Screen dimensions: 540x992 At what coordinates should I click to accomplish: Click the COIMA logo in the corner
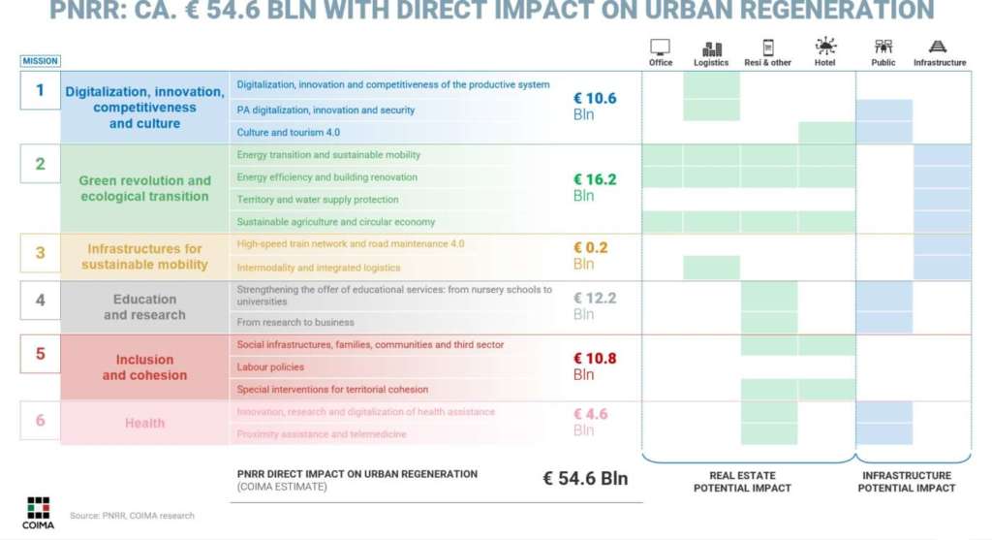click(39, 512)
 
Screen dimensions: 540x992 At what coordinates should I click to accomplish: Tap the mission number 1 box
click(40, 90)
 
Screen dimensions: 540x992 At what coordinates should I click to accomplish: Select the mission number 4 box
click(40, 300)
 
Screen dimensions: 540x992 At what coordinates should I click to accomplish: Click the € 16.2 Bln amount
click(594, 187)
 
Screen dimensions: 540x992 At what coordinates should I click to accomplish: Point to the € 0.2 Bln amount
click(590, 255)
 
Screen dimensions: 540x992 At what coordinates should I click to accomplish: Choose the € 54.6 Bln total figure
click(585, 478)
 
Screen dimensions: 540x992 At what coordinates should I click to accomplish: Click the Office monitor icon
click(660, 48)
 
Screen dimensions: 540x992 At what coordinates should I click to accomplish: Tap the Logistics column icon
click(711, 48)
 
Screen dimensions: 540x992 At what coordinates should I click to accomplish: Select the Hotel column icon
click(825, 47)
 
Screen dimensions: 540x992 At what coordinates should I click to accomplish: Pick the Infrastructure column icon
click(938, 47)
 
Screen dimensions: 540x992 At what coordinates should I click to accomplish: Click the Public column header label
click(883, 63)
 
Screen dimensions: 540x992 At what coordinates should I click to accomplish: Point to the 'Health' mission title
click(144, 423)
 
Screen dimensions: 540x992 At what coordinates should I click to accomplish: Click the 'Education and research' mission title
click(144, 307)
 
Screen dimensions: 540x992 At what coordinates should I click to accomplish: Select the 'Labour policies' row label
click(270, 367)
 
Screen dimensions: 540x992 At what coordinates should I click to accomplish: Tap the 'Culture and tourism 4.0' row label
click(288, 132)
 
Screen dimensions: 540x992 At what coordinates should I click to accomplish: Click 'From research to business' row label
click(295, 322)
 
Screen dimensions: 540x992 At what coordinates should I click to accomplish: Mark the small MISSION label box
click(40, 61)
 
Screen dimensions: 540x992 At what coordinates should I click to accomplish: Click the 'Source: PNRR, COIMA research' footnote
click(132, 516)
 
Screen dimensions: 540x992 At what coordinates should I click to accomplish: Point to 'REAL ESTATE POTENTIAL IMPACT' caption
click(742, 482)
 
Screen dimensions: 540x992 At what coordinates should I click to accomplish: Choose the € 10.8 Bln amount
click(594, 365)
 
